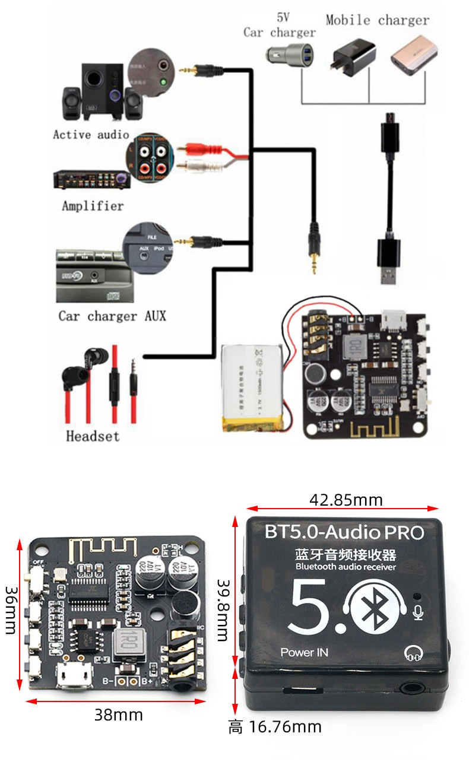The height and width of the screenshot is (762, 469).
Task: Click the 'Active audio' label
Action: (x=90, y=135)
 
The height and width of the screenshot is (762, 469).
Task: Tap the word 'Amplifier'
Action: (x=93, y=206)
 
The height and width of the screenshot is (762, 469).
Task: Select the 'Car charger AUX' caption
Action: (x=112, y=315)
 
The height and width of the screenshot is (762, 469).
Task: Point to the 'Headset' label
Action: (x=92, y=436)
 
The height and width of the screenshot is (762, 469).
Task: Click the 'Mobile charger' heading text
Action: (x=377, y=20)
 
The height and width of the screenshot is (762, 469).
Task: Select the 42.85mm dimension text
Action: (x=346, y=500)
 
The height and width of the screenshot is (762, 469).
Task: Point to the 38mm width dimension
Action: (x=119, y=715)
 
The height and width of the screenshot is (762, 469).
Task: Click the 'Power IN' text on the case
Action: (x=304, y=652)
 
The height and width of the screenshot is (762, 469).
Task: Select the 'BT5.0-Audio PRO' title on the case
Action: (x=344, y=532)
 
